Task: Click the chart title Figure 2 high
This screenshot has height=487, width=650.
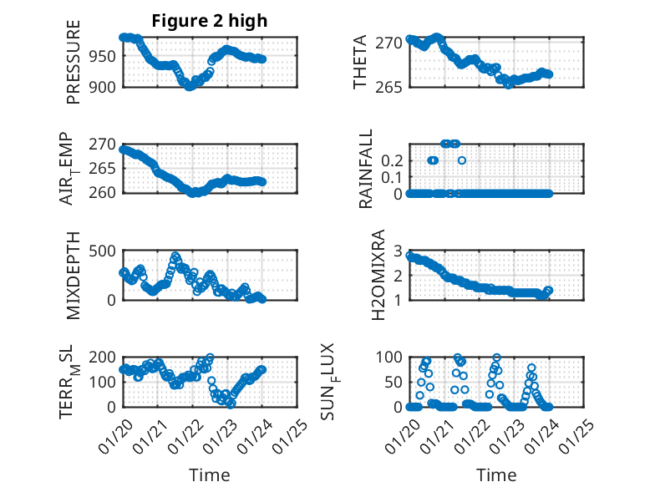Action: [x=210, y=21]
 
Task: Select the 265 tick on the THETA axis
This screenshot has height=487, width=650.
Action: [x=390, y=86]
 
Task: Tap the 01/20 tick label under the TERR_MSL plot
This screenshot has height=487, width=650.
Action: [x=114, y=433]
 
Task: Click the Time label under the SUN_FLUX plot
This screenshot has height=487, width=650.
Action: [x=496, y=474]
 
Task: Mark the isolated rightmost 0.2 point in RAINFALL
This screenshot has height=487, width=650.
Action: [x=462, y=160]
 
